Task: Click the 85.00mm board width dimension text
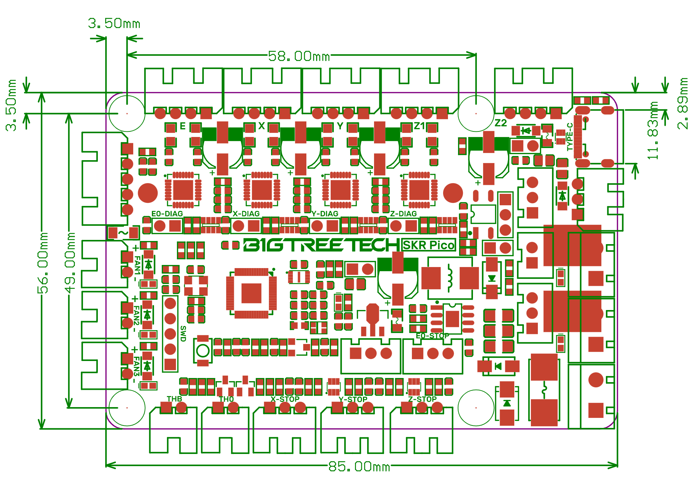point(359,466)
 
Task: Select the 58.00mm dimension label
point(299,56)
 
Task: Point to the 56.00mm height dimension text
point(43,263)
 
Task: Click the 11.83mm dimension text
point(653,130)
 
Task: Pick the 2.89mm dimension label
point(683,104)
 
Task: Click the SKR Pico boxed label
point(429,245)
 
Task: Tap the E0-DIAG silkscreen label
point(167,214)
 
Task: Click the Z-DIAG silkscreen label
point(403,214)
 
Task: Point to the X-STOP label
point(285,399)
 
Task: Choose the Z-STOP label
point(422,399)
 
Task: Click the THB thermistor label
point(174,399)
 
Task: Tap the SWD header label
point(183,334)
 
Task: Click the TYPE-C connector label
point(570,137)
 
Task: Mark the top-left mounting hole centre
point(127,113)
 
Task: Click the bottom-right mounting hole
point(476,408)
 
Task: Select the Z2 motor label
point(500,123)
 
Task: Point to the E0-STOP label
point(432,336)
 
